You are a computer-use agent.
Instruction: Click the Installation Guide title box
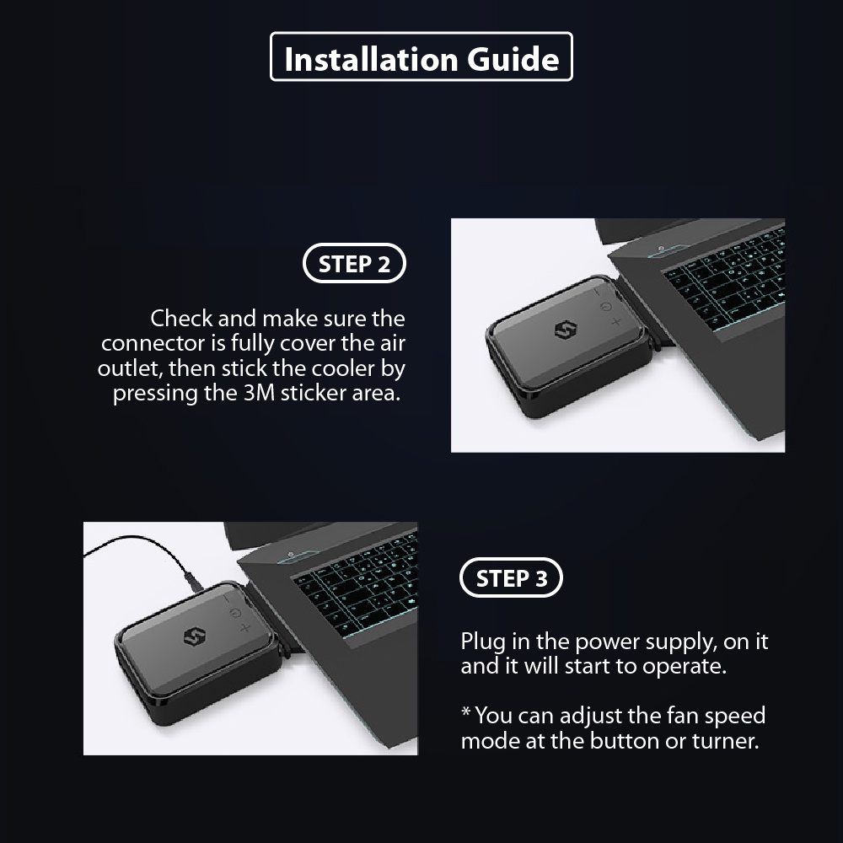coord(421,34)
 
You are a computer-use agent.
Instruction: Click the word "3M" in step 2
coord(259,393)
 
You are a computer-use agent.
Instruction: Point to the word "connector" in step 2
coord(153,344)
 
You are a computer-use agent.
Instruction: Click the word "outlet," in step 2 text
coord(130,369)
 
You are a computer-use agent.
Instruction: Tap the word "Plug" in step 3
coord(483,642)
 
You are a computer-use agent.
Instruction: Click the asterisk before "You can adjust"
coord(466,711)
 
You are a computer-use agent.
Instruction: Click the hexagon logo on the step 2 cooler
coord(566,330)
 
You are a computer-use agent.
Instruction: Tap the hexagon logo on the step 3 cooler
coord(195,637)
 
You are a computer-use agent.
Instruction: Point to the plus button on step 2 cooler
coord(616,322)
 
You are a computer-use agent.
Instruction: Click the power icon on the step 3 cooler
coord(234,614)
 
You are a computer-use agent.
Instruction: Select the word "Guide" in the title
coord(513,59)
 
